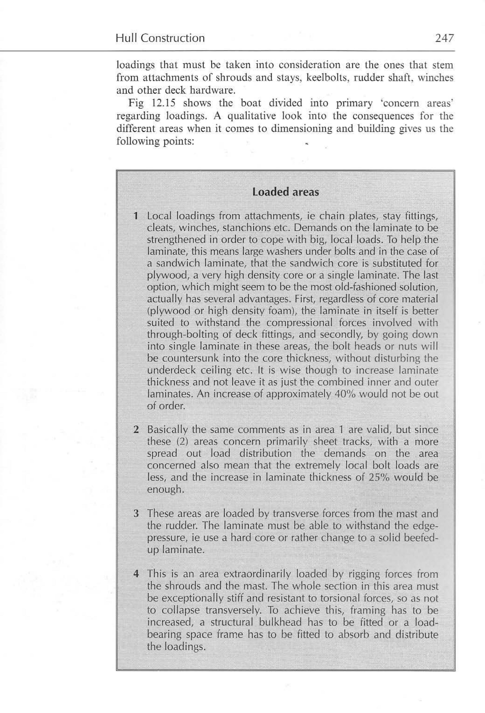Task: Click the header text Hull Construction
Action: point(160,38)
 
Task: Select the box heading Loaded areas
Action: point(285,192)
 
